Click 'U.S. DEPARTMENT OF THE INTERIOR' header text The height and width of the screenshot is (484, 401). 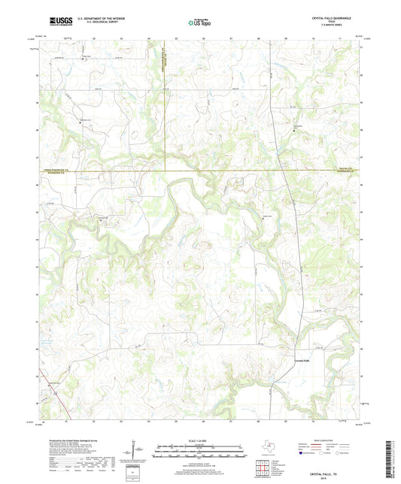pyautogui.click(x=94, y=17)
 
